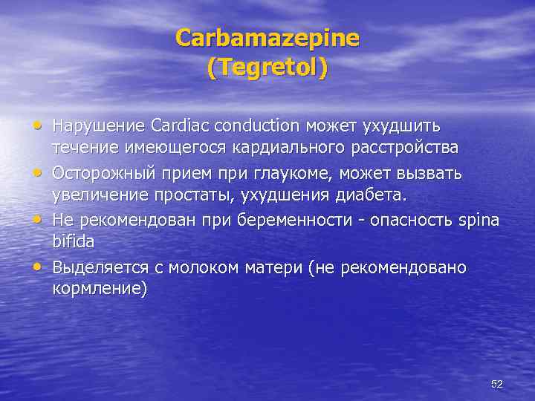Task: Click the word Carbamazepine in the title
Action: click(267, 38)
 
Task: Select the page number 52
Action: click(497, 384)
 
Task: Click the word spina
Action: click(479, 221)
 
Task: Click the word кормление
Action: click(99, 290)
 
